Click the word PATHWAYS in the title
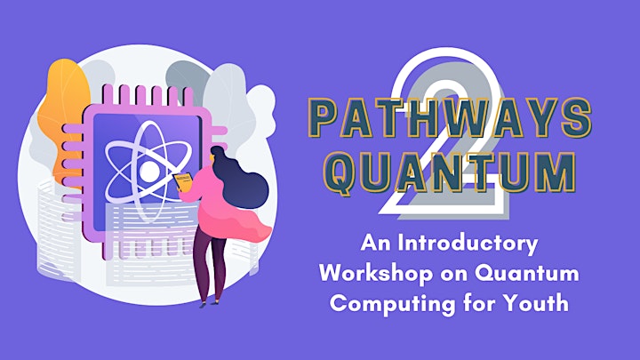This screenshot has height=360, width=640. pyautogui.click(x=450, y=118)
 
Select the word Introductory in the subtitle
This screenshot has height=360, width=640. pyautogui.click(x=468, y=244)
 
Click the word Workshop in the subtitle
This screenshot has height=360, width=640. pyautogui.click(x=375, y=273)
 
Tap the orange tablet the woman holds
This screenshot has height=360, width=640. pyautogui.click(x=183, y=181)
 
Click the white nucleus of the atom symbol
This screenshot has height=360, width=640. pyautogui.click(x=148, y=171)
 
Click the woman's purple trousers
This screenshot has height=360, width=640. pyautogui.click(x=209, y=265)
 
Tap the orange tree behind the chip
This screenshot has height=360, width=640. pyautogui.click(x=63, y=118)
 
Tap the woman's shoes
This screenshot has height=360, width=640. pyautogui.click(x=209, y=303)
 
